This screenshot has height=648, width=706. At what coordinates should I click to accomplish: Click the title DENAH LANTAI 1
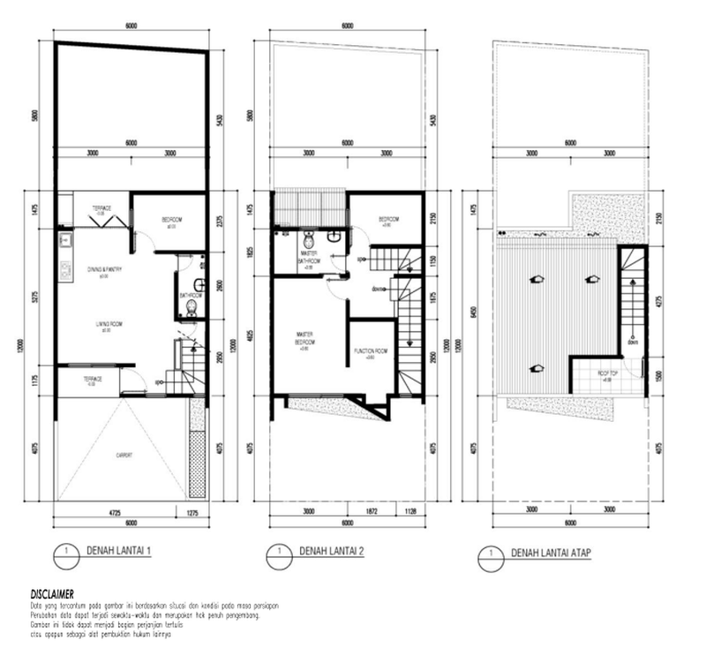tap(120, 552)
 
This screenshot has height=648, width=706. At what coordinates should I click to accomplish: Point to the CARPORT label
tap(124, 456)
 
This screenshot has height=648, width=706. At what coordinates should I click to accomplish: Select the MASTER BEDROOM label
tap(304, 339)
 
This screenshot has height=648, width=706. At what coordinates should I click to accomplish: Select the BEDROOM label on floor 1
tap(171, 220)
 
